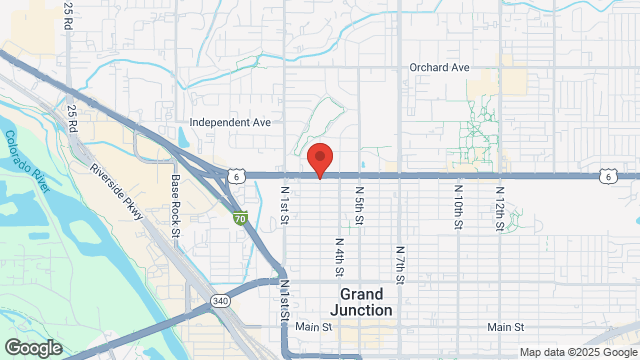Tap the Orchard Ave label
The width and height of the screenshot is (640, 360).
[x=438, y=68]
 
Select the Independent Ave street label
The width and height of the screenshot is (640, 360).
[x=231, y=123]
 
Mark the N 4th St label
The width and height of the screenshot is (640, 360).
[x=339, y=256]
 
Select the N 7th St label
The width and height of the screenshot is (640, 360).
[x=399, y=265]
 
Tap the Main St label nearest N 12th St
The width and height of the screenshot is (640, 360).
[x=506, y=328]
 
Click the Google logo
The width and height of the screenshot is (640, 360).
[x=33, y=347]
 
